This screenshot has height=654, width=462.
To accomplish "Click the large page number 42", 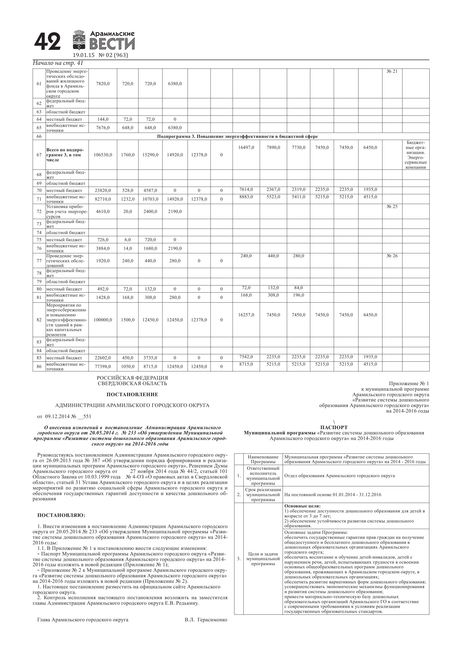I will tap(47, 41).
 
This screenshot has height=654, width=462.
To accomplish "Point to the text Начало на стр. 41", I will tap(58, 63).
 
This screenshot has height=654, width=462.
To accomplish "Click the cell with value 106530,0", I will tap(103, 155).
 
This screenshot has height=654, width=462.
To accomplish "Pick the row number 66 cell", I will tap(39, 137).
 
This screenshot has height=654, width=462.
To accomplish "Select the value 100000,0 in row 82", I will tap(103, 320).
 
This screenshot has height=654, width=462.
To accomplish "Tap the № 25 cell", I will tap(392, 206).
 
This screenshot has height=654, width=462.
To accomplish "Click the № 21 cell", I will tap(392, 71).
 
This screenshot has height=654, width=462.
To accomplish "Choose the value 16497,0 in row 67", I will tap(246, 148).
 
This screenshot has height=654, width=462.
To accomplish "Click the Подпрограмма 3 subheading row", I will tap(237, 137).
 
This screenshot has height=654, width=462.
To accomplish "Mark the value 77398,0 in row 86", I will tap(103, 367).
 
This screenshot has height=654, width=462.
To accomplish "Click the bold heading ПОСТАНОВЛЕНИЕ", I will tap(132, 395).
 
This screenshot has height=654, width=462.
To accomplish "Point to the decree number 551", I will tap(87, 416).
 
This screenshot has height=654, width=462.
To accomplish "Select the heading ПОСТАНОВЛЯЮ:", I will tap(61, 515).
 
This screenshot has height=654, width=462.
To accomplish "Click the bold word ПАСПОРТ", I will tap(334, 427).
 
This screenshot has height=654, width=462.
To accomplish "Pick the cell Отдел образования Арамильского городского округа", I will tap(339, 476).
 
